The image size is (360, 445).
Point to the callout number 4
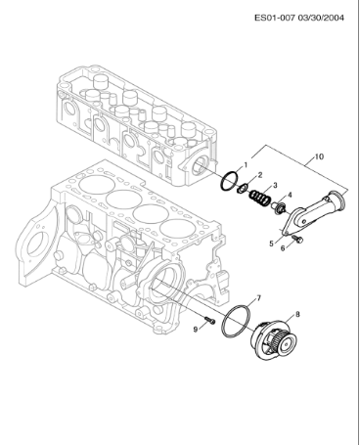coord(289,195)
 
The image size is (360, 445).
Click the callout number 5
coord(271,242)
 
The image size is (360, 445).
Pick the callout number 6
coord(283,248)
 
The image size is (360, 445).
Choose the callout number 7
coord(257,297)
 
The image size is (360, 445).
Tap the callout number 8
coord(297,314)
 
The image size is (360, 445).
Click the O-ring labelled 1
coord(229,181)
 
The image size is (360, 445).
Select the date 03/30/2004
coord(328,17)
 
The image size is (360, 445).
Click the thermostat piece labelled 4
coord(277,209)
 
